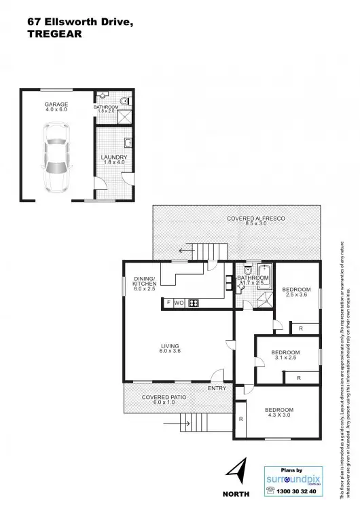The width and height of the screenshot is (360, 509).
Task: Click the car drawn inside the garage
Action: [56, 157]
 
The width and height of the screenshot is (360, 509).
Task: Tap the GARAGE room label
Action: [56, 107]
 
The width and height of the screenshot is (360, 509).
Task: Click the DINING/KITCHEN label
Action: [144, 283]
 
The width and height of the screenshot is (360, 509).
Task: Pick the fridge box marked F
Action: [167, 303]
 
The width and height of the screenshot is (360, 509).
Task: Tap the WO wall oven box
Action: [179, 303]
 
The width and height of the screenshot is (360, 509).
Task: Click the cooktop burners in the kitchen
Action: [193, 303]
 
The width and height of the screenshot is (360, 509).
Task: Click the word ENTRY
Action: [217, 389]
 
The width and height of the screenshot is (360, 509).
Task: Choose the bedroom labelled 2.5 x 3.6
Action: [296, 293]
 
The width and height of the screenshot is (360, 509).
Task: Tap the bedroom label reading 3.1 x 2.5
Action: [285, 355]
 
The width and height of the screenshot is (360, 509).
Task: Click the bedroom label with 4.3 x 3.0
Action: [279, 413]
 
